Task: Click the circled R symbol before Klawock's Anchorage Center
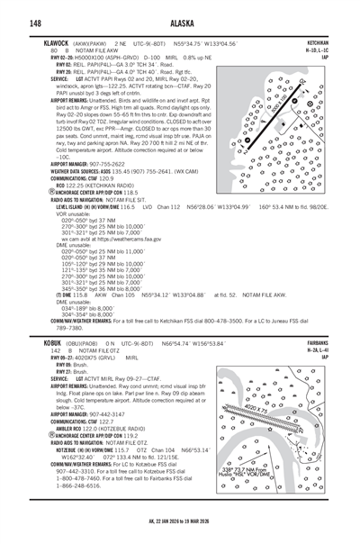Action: pos(34,192)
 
